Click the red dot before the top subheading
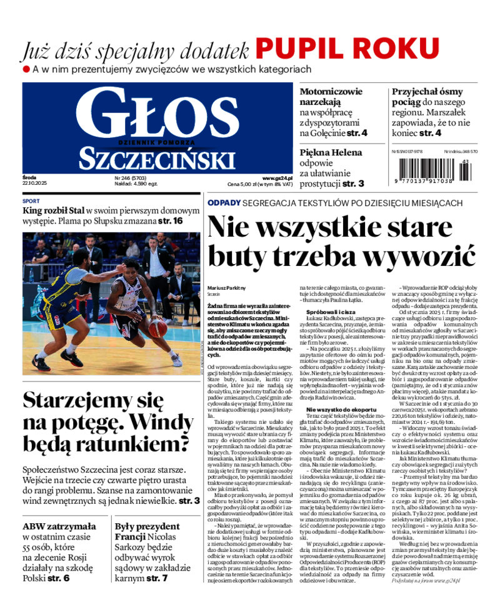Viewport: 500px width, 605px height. (26, 69)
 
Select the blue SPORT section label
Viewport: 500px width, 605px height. (31, 202)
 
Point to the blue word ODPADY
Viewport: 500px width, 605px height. (224, 203)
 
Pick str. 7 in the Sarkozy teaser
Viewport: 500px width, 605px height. (156, 578)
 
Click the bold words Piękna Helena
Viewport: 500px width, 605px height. (331, 152)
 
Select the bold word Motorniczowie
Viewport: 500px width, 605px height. (331, 91)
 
